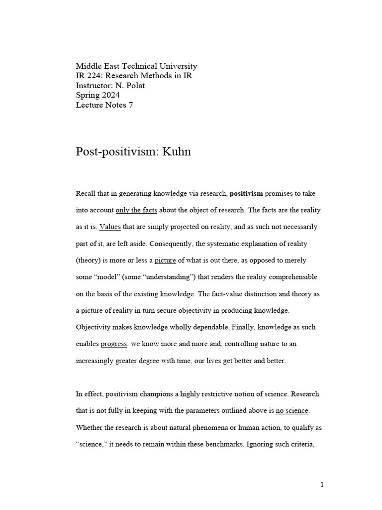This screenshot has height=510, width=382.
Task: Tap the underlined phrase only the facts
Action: [136, 210]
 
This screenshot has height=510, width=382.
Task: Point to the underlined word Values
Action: [110, 227]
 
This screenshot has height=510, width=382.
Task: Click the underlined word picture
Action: [166, 260]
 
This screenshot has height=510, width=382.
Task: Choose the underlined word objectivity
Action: [195, 311]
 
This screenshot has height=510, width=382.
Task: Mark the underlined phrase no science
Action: [292, 411]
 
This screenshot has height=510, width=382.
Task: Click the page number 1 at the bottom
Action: [322, 485]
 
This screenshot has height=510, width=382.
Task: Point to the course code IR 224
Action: [88, 76]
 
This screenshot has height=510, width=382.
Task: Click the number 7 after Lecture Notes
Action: [131, 105]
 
